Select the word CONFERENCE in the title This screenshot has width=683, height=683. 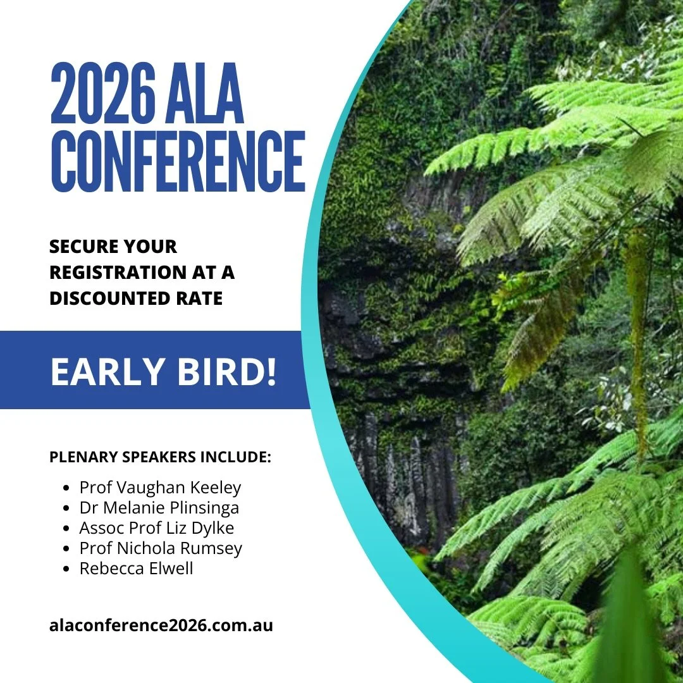178,162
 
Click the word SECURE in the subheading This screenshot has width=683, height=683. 84,247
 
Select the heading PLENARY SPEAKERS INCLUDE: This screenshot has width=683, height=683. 160,457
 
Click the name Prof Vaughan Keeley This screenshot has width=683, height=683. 160,488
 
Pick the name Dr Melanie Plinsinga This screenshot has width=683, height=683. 159,508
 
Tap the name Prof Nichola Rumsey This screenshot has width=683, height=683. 161,548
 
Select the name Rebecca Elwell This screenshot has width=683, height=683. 136,569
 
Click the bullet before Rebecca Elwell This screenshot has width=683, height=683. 67,569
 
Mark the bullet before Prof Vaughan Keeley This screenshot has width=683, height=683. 67,488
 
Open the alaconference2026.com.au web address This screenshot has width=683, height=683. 161,626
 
